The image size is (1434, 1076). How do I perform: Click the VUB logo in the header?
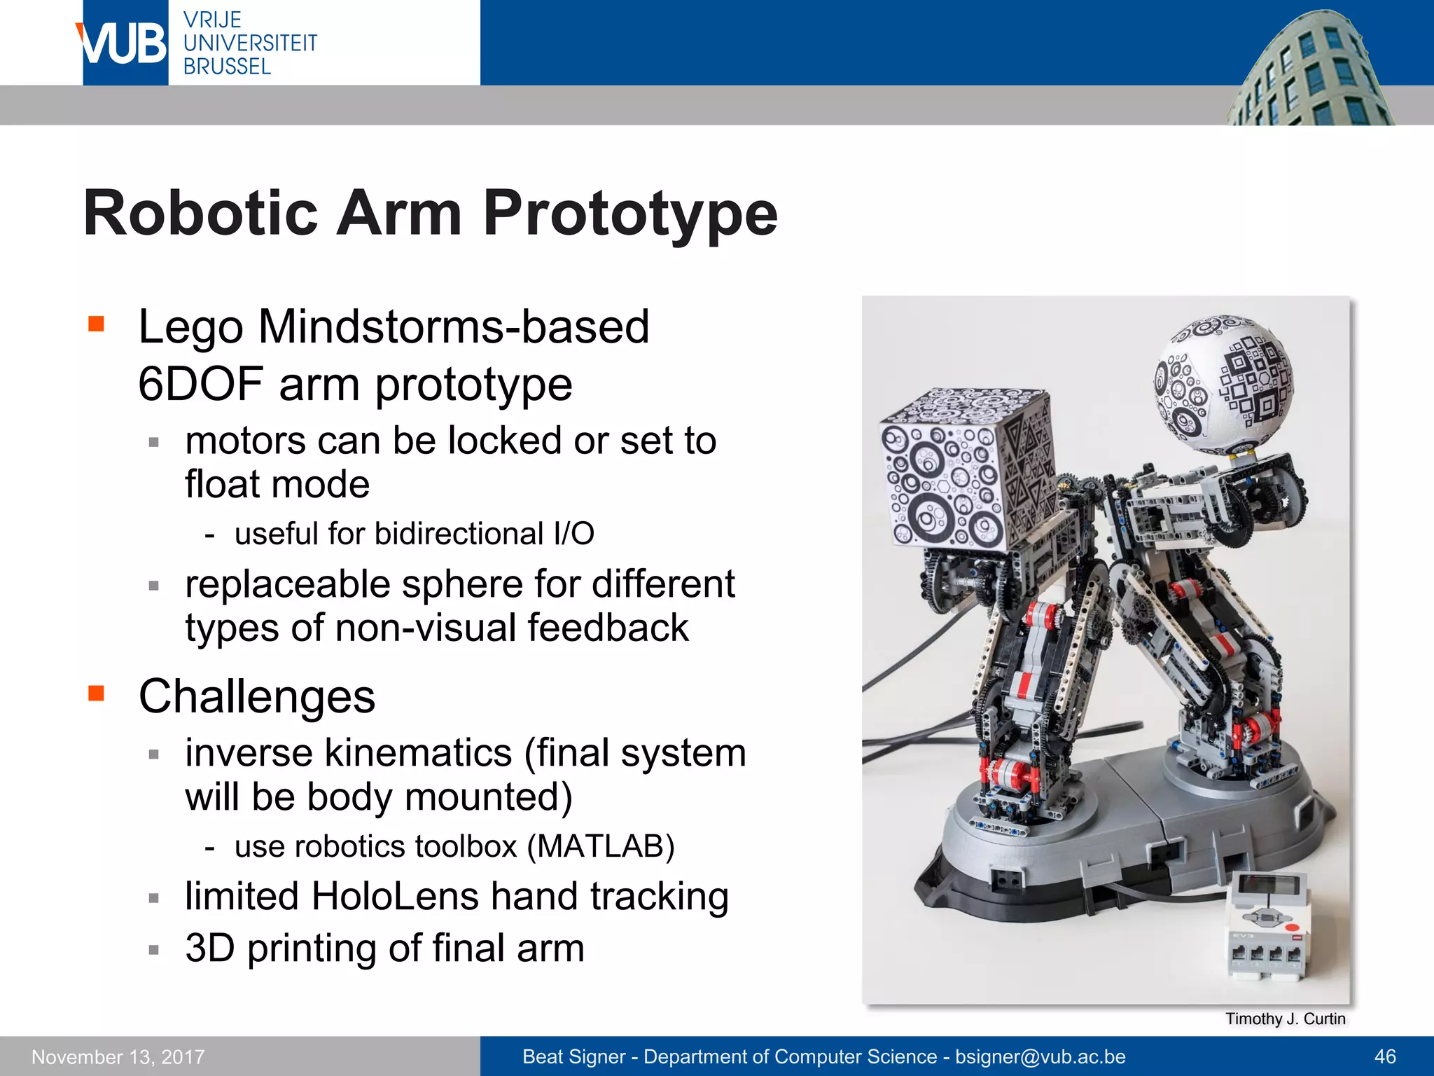125,43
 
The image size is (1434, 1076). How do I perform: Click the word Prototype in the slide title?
630,214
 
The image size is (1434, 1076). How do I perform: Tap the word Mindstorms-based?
454,327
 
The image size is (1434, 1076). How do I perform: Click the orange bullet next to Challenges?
96,694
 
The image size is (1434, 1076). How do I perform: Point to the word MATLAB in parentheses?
600,846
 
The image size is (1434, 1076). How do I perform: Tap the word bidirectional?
459,534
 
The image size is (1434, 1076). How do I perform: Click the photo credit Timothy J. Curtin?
1285,1019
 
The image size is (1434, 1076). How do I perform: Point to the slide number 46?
1385,1056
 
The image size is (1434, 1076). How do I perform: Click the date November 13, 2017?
118,1056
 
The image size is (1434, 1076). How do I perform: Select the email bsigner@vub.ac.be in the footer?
1040,1056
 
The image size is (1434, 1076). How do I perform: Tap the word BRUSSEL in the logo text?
227,67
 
